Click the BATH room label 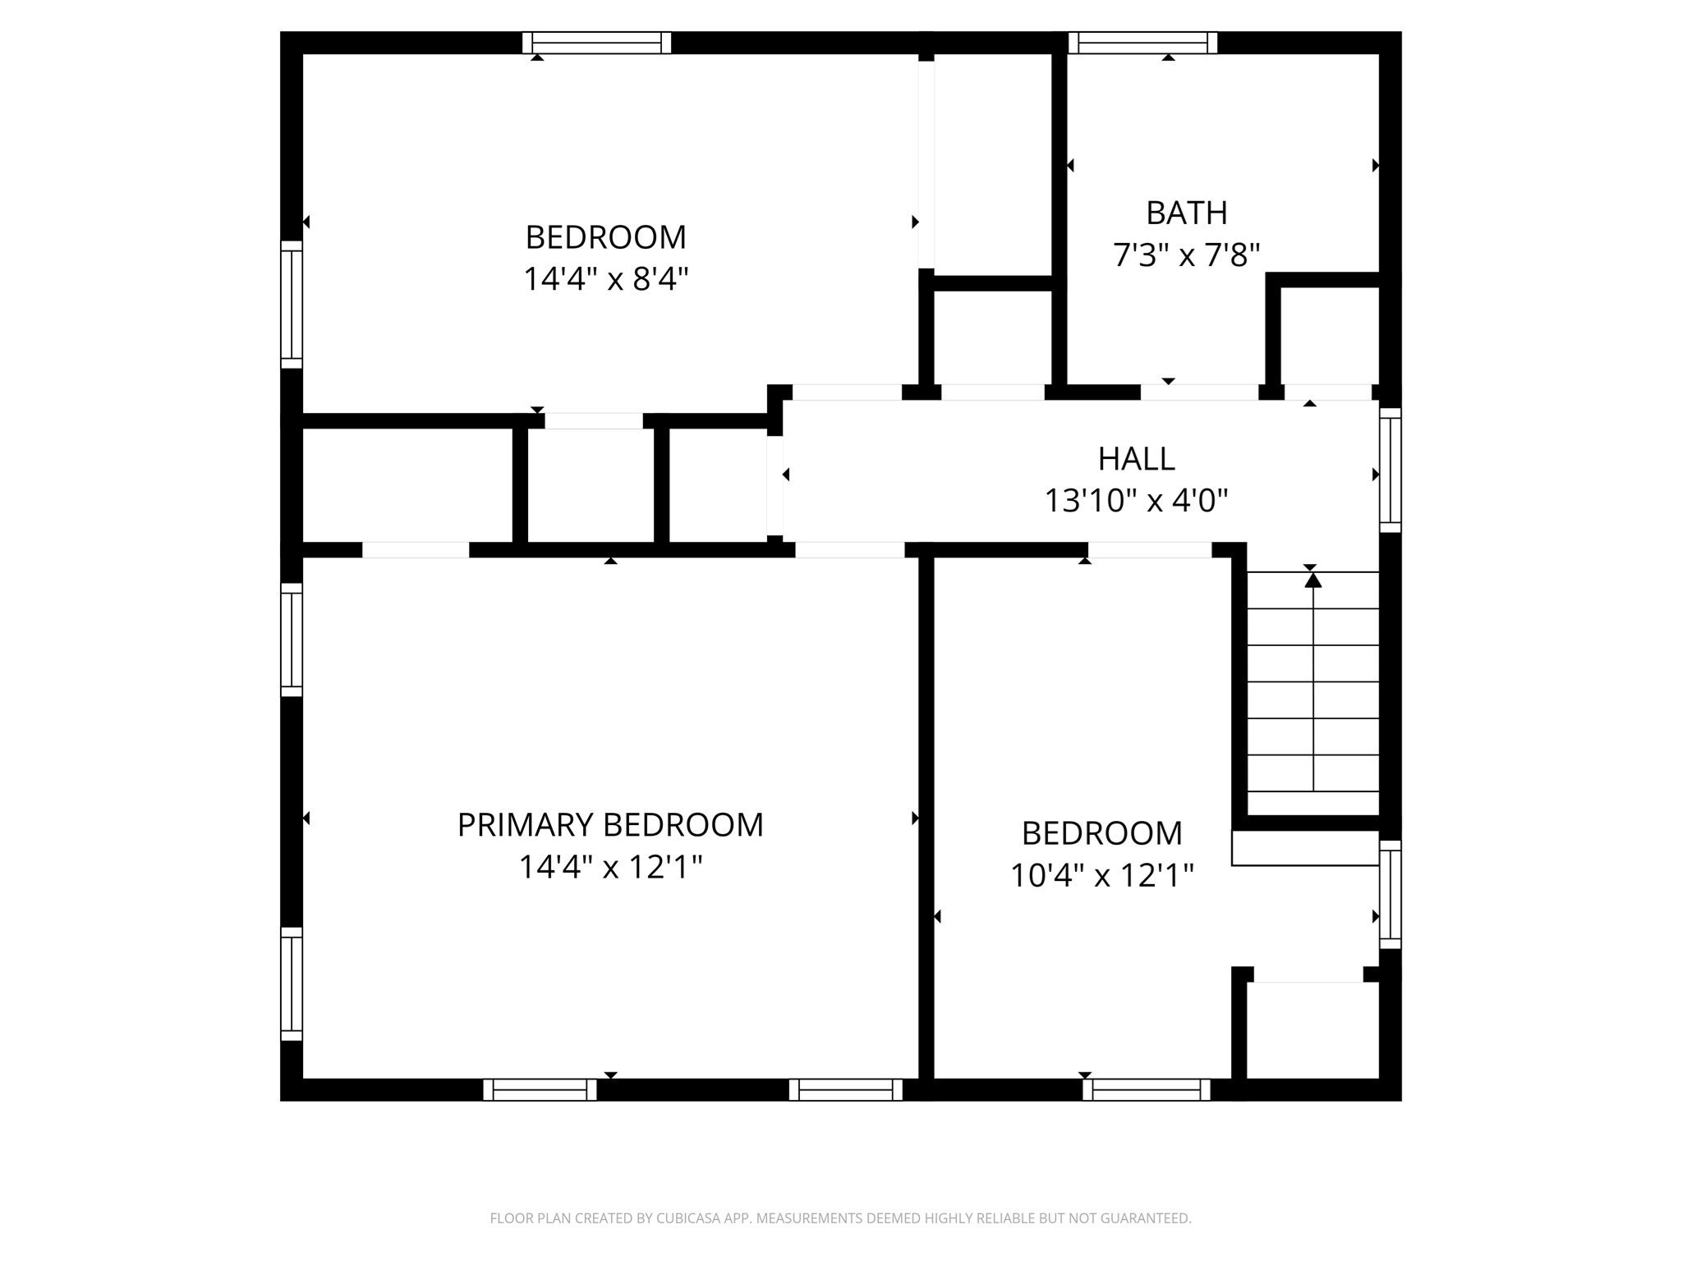(1186, 213)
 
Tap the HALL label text (1136, 459)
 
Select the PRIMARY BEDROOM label (610, 825)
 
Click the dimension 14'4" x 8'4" (605, 280)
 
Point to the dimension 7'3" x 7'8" (1186, 255)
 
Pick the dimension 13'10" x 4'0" (1136, 500)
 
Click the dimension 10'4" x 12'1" (1101, 876)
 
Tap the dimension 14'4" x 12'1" (610, 867)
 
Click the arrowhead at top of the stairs (1313, 580)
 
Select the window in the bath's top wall (1142, 43)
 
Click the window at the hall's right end (1390, 470)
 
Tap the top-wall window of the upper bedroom (597, 43)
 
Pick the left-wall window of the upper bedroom (292, 305)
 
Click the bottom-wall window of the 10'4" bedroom (1147, 1089)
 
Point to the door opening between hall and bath (1199, 392)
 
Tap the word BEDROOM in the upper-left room (605, 238)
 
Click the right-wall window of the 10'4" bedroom (1390, 894)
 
